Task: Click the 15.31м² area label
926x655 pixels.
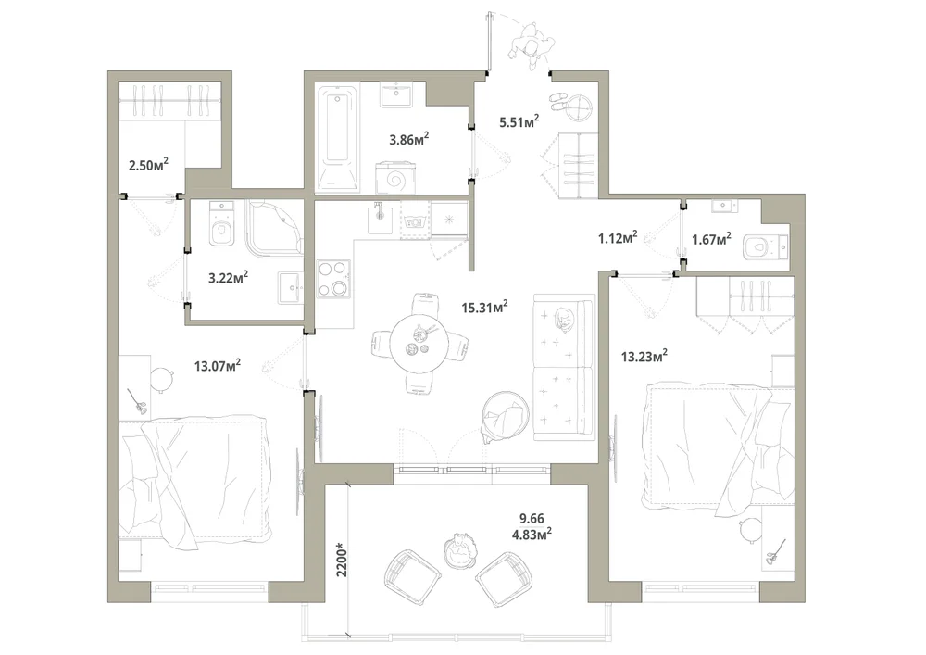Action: [484, 308]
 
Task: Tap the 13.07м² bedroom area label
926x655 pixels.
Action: [218, 366]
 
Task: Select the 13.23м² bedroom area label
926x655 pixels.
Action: [644, 356]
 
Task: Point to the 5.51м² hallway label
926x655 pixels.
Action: [519, 122]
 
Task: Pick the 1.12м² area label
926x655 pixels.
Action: [617, 238]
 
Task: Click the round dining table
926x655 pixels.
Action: [419, 344]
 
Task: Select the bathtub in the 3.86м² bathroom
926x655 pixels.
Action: [338, 139]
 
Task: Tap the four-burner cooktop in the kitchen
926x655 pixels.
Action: [333, 279]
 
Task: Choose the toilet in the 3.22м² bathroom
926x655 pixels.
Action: [222, 224]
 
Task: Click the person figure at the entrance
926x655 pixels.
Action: [532, 45]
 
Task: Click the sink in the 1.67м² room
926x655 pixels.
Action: [723, 206]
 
